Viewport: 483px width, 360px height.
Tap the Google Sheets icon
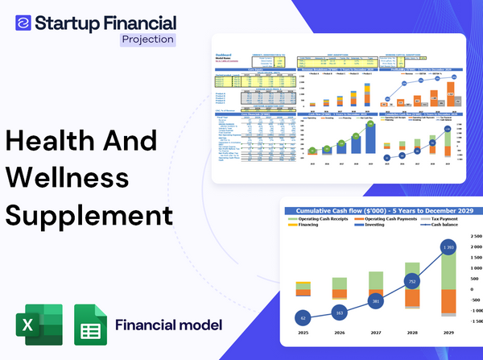tap(90, 325)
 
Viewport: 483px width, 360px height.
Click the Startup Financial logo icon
tap(23, 21)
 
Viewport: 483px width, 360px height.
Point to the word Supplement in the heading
tap(89, 215)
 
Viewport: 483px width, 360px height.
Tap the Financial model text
tap(169, 325)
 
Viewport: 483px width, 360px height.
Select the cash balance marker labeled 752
tap(412, 282)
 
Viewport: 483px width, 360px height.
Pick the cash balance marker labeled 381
tap(375, 301)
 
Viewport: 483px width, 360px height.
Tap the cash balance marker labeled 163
tap(339, 311)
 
